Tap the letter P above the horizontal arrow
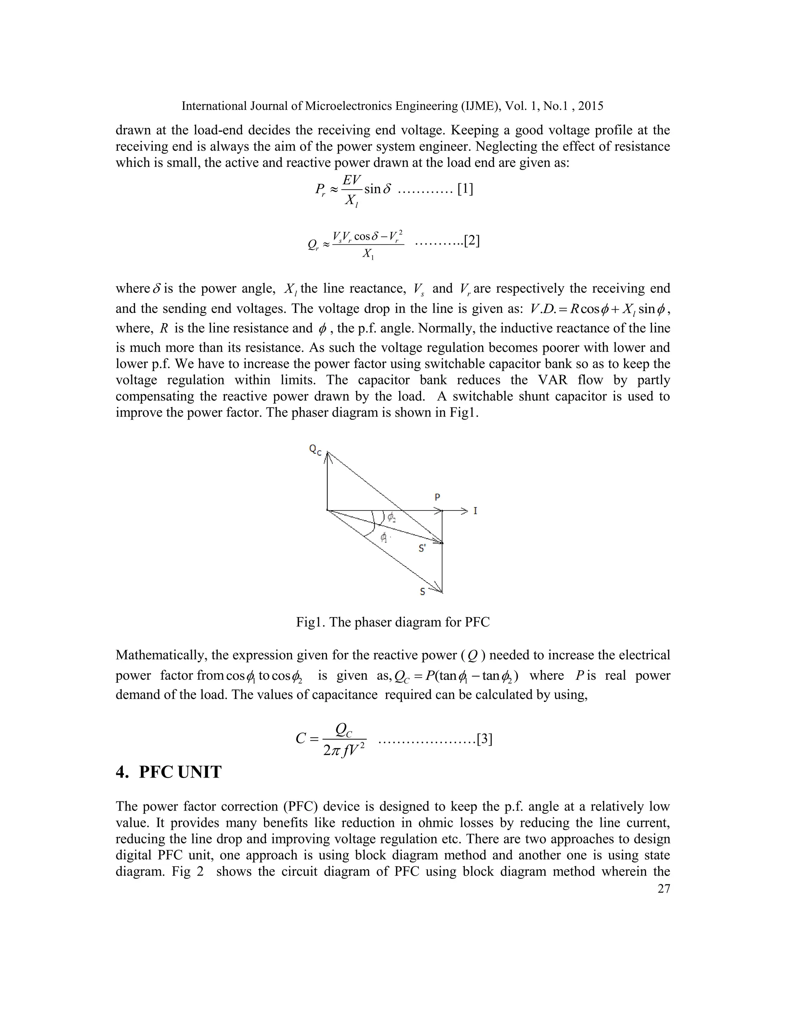(x=437, y=497)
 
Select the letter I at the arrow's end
(x=476, y=511)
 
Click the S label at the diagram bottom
(x=422, y=592)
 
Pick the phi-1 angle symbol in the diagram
(x=384, y=537)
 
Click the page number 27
(x=664, y=888)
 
